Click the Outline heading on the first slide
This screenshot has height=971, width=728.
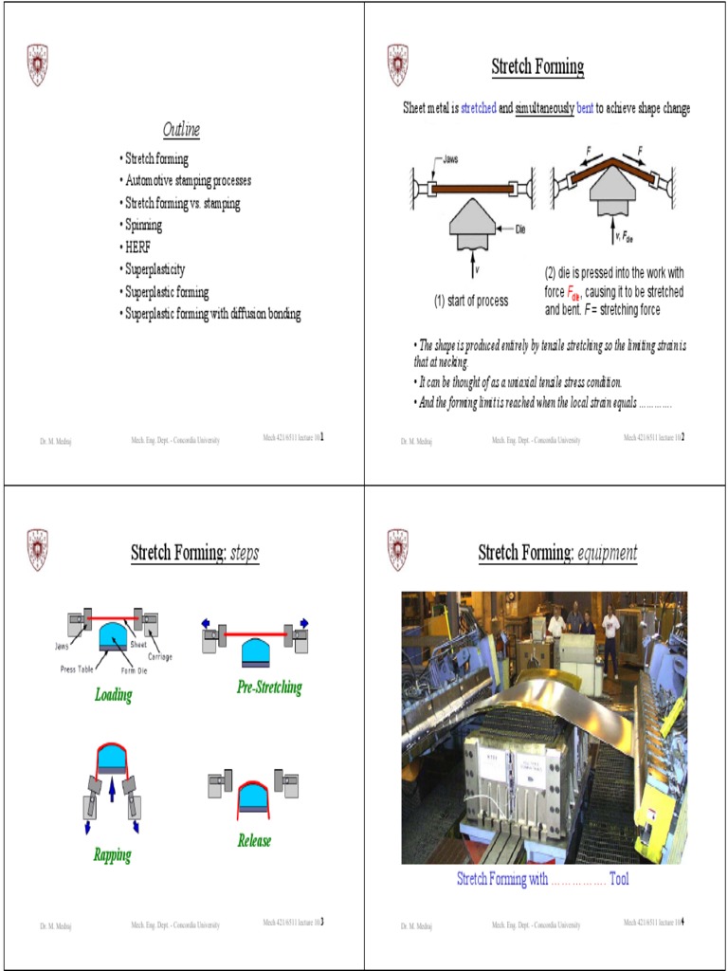pyautogui.click(x=181, y=129)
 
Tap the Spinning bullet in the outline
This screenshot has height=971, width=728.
pyautogui.click(x=143, y=225)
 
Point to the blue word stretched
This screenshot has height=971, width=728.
pyautogui.click(x=478, y=108)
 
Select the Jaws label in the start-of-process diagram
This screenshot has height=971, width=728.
pyautogui.click(x=450, y=159)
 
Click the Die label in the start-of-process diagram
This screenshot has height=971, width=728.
pyautogui.click(x=520, y=229)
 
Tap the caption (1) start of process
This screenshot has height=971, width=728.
pyautogui.click(x=470, y=301)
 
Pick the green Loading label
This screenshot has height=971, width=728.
pyautogui.click(x=113, y=695)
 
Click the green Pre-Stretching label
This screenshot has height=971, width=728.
pyautogui.click(x=269, y=687)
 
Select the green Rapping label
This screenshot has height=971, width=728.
pyautogui.click(x=112, y=855)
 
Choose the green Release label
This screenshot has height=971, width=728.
pyautogui.click(x=254, y=840)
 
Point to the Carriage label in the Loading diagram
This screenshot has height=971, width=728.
pyautogui.click(x=159, y=656)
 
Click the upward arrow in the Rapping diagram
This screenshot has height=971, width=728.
pyautogui.click(x=112, y=789)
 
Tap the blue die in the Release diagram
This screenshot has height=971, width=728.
pyautogui.click(x=252, y=795)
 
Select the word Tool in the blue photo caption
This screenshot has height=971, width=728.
pyautogui.click(x=618, y=879)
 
